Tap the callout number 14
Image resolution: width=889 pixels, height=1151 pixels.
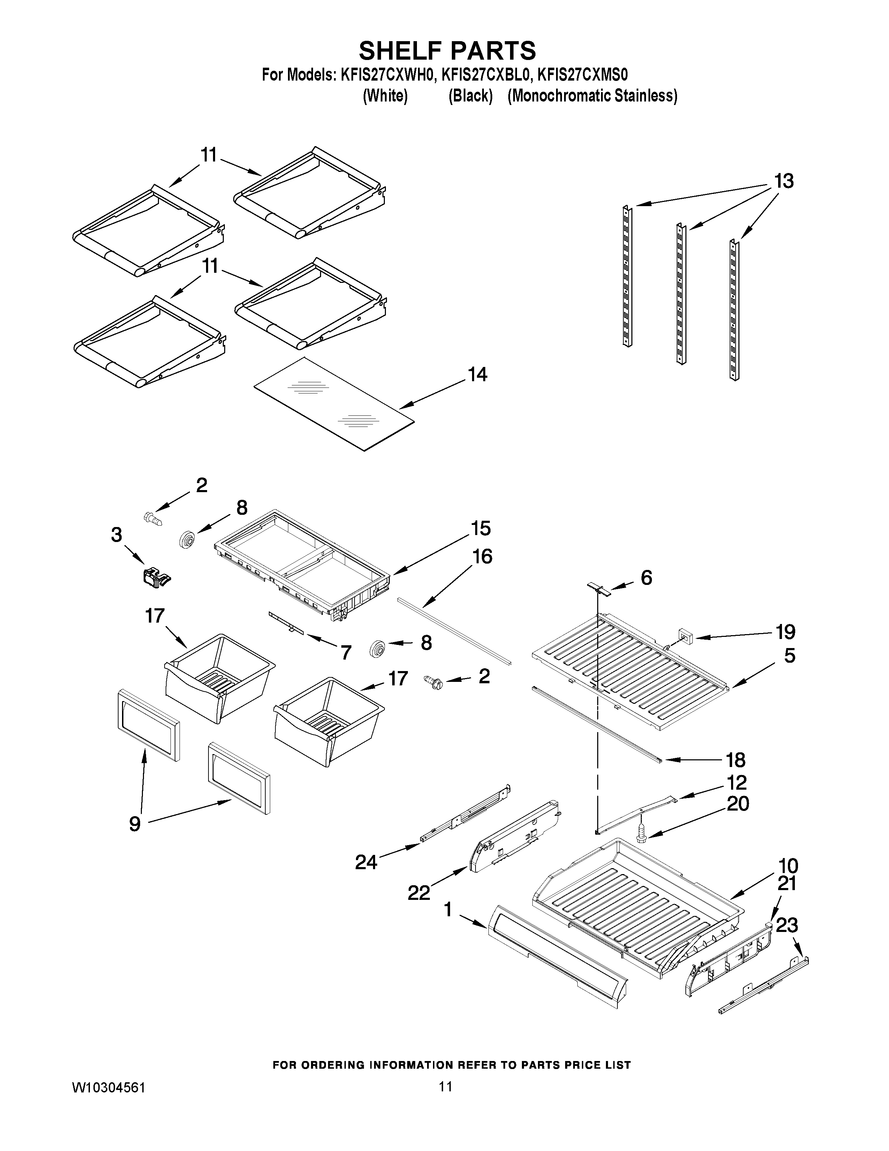click(x=477, y=375)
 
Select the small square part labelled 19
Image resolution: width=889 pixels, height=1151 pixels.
click(x=685, y=636)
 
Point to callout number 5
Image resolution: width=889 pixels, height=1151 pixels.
click(x=789, y=656)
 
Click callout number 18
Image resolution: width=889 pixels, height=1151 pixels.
click(x=735, y=760)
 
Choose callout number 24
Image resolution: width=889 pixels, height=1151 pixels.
click(x=366, y=862)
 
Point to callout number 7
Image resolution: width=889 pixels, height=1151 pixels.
click(x=345, y=653)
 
